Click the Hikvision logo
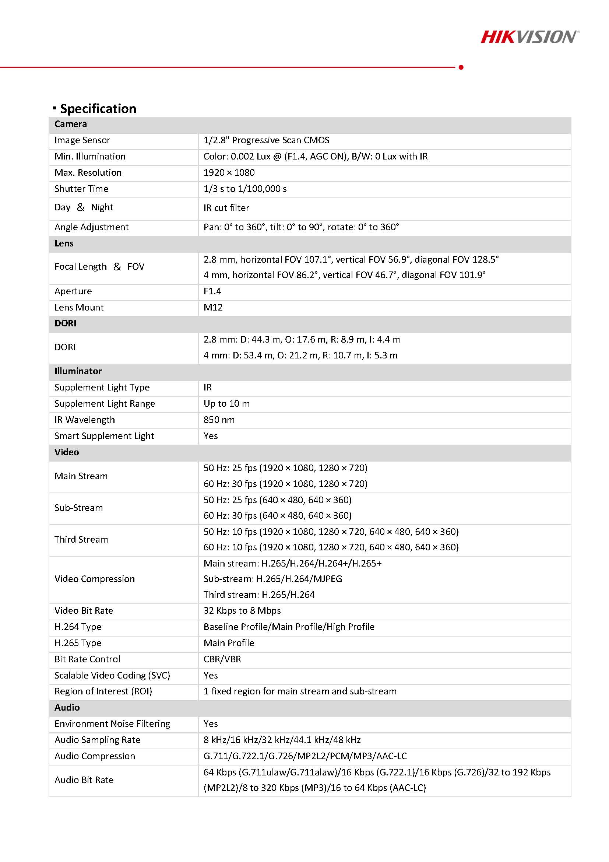coord(529,37)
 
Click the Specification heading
coord(98,109)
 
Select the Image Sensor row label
coord(82,140)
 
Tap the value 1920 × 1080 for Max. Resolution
coord(229,172)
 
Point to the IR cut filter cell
coord(226,208)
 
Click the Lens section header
coord(64,243)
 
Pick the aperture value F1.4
coord(212,291)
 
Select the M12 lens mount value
coord(213,307)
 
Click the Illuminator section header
coord(78,371)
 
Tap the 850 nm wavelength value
coord(219,419)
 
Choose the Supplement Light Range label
coord(105,403)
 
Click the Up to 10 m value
coord(227,403)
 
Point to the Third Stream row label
coord(81,539)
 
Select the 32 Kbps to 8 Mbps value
coord(242,610)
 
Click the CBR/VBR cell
coord(222,659)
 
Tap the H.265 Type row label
coord(78,643)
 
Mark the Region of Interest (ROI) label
coord(103,691)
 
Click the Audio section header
coord(67,707)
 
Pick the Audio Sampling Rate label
coord(97,740)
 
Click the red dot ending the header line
coord(461,67)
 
